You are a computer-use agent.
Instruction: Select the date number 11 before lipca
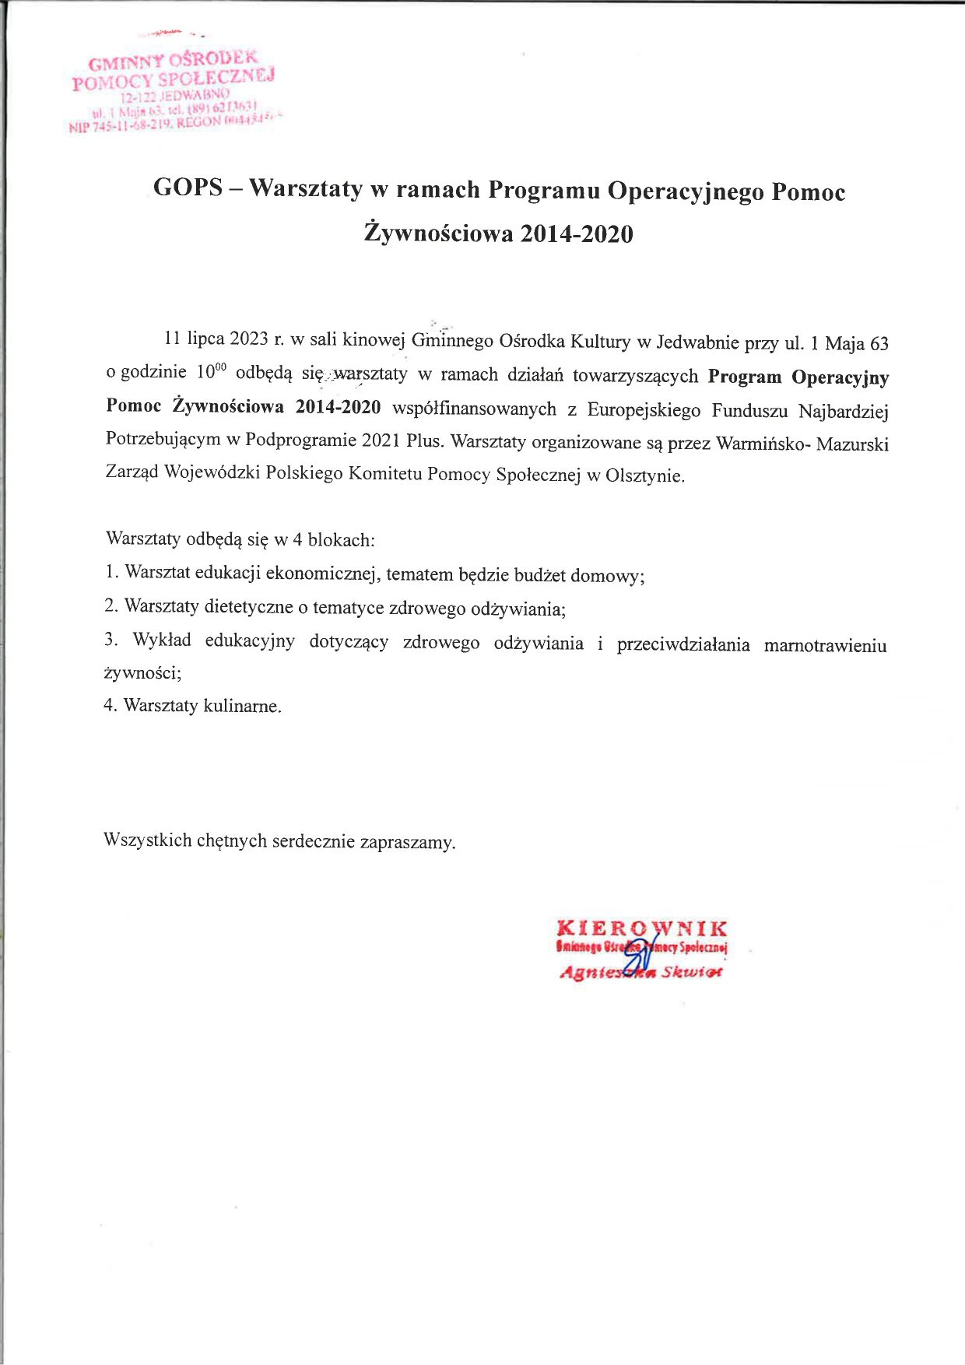point(173,339)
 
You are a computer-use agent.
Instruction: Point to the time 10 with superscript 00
point(210,372)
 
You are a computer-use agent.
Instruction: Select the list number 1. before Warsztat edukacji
point(111,573)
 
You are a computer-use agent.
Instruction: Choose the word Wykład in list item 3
point(162,640)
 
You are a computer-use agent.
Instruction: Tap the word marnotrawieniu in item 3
point(825,645)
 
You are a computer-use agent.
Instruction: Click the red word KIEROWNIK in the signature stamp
point(642,928)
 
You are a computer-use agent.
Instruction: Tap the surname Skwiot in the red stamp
point(691,973)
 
